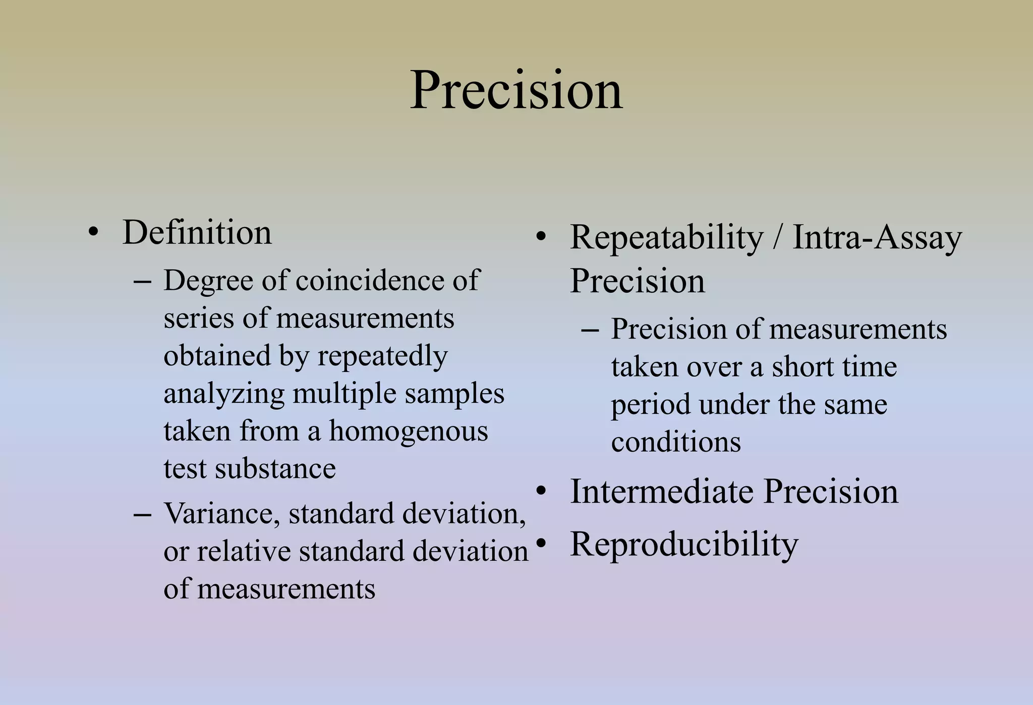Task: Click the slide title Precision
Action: (516, 91)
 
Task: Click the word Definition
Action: (197, 233)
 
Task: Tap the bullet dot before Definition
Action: (93, 233)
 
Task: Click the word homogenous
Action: (409, 431)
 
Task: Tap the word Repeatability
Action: (666, 237)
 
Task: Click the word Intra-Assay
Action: (877, 237)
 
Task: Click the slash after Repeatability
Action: (778, 237)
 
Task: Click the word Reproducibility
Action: (684, 545)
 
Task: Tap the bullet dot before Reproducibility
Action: (541, 544)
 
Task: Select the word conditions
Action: (676, 443)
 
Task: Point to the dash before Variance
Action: (142, 515)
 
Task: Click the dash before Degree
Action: (142, 281)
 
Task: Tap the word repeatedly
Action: (382, 357)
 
